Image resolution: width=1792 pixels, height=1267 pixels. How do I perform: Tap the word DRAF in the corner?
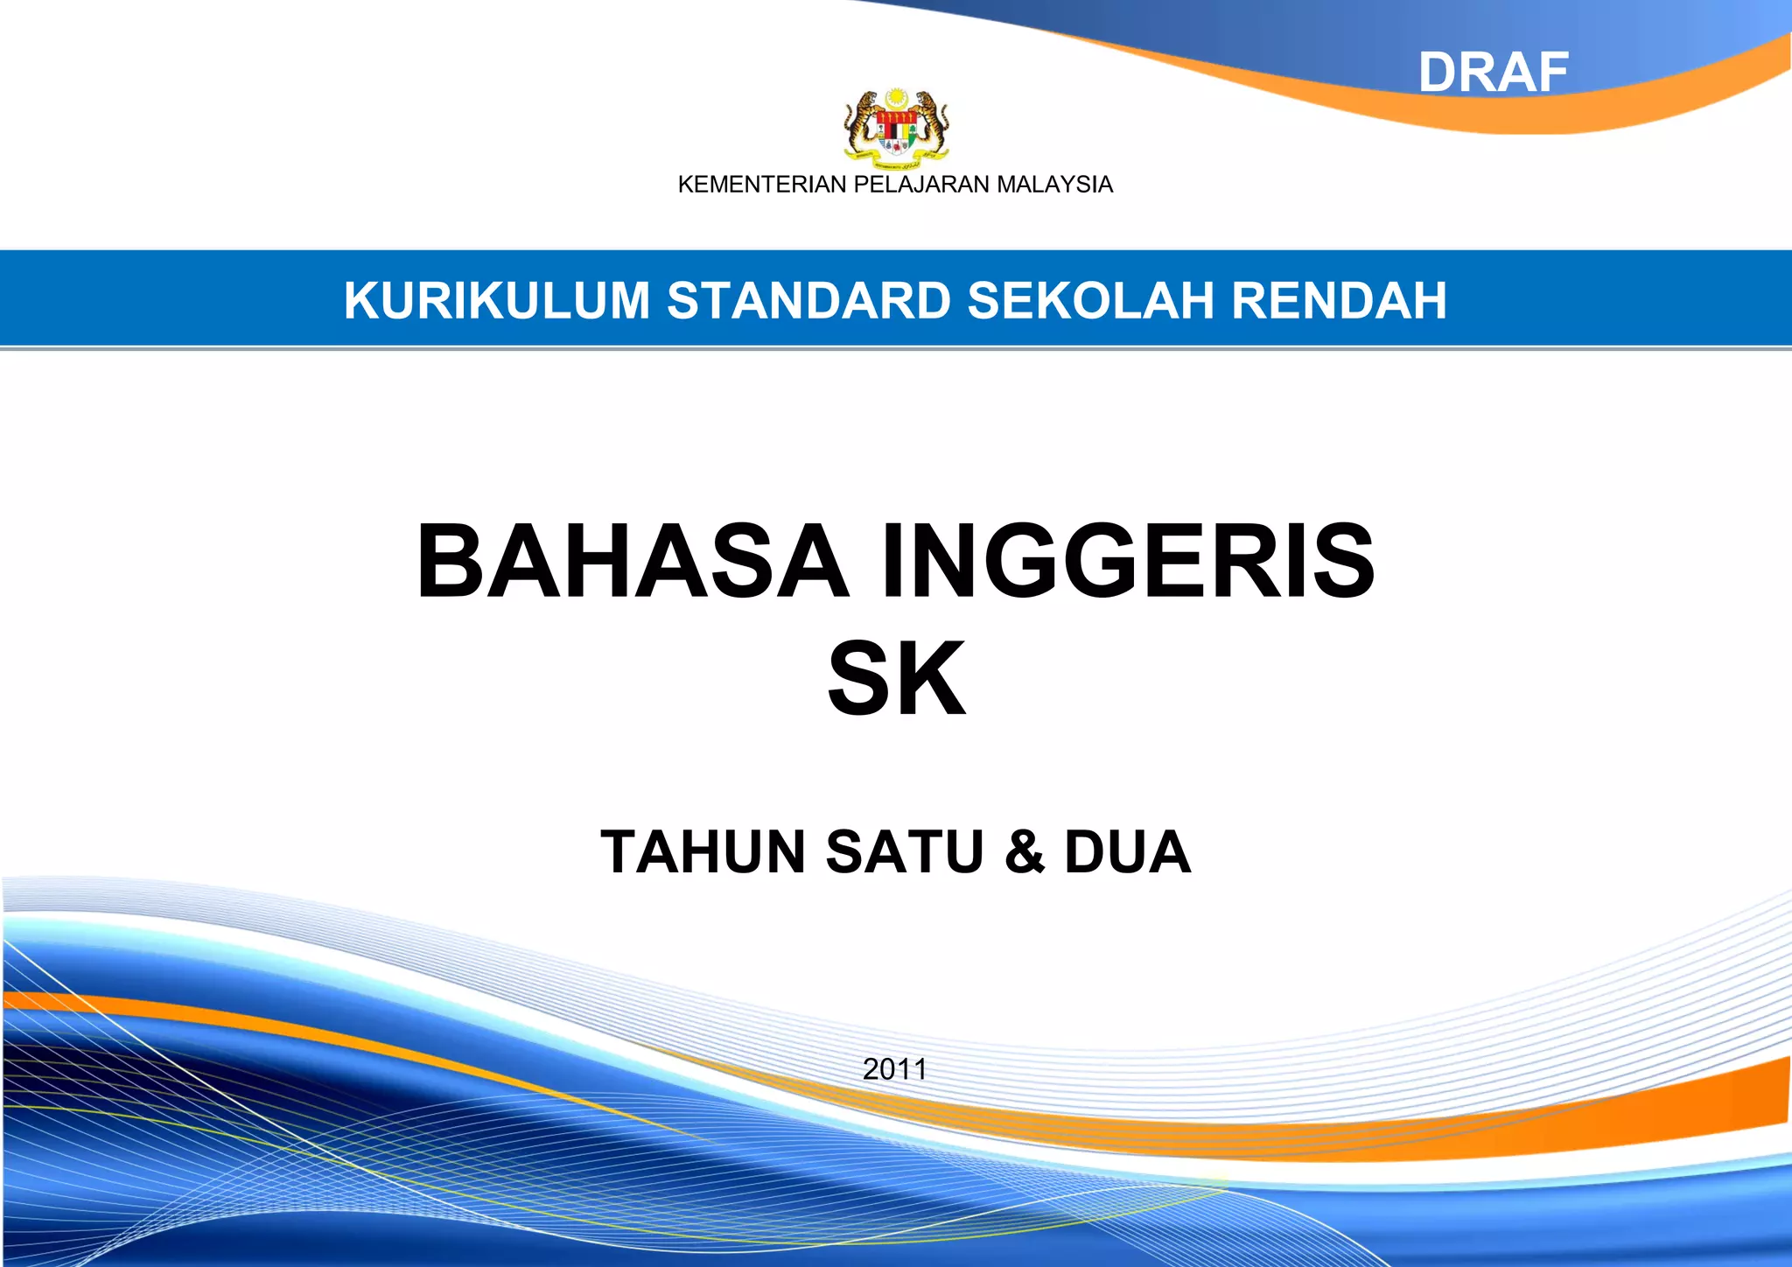(x=1493, y=73)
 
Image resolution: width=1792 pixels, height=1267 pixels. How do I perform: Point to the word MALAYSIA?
(x=1055, y=185)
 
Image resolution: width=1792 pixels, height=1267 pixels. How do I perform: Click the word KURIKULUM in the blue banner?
(x=497, y=301)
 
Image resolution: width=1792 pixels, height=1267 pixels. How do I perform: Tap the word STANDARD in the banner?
(x=809, y=301)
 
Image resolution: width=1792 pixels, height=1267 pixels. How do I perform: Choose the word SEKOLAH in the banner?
(x=1090, y=301)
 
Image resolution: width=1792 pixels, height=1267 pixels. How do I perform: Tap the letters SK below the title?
(x=896, y=678)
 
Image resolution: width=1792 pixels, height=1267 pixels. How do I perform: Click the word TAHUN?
(x=703, y=851)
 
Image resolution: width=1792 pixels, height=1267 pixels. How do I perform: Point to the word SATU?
(x=905, y=851)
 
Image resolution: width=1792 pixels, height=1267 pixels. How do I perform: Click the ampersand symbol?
(x=1025, y=851)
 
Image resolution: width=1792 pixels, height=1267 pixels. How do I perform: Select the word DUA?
(x=1127, y=851)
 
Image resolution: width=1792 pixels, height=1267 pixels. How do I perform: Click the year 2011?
(x=895, y=1068)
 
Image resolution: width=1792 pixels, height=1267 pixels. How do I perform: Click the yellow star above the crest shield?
(x=896, y=96)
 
